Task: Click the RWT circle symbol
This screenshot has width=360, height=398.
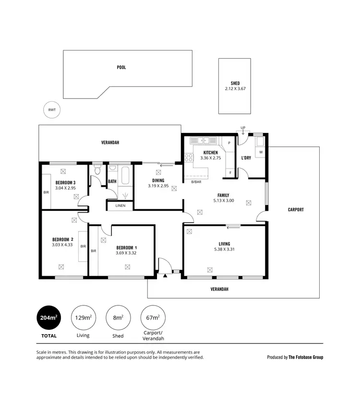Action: pyautogui.click(x=52, y=110)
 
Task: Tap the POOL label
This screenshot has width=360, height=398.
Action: pyautogui.click(x=121, y=68)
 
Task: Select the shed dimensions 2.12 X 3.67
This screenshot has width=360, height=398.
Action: pyautogui.click(x=235, y=89)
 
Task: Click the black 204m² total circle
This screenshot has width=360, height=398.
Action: pyautogui.click(x=49, y=317)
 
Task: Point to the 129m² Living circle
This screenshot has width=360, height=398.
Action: pyautogui.click(x=83, y=317)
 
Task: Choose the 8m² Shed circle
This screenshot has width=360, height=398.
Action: pyautogui.click(x=118, y=317)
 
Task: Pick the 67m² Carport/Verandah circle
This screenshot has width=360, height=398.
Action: pyautogui.click(x=153, y=317)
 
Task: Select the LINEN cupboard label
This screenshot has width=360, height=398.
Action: pyautogui.click(x=120, y=205)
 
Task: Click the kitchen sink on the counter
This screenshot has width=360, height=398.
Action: pyautogui.click(x=204, y=141)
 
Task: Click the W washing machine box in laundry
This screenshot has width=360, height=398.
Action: pyautogui.click(x=261, y=153)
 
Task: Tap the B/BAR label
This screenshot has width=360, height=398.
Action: pyautogui.click(x=196, y=182)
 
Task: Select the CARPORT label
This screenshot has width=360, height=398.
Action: pyautogui.click(x=296, y=210)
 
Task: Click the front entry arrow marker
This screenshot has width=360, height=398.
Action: pyautogui.click(x=165, y=276)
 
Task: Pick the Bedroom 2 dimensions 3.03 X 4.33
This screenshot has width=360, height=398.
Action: pyautogui.click(x=63, y=245)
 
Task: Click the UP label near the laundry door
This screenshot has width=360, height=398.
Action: pyautogui.click(x=243, y=128)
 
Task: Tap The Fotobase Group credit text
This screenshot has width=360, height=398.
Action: pyautogui.click(x=306, y=357)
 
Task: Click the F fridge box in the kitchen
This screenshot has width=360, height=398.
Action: pyautogui.click(x=230, y=172)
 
